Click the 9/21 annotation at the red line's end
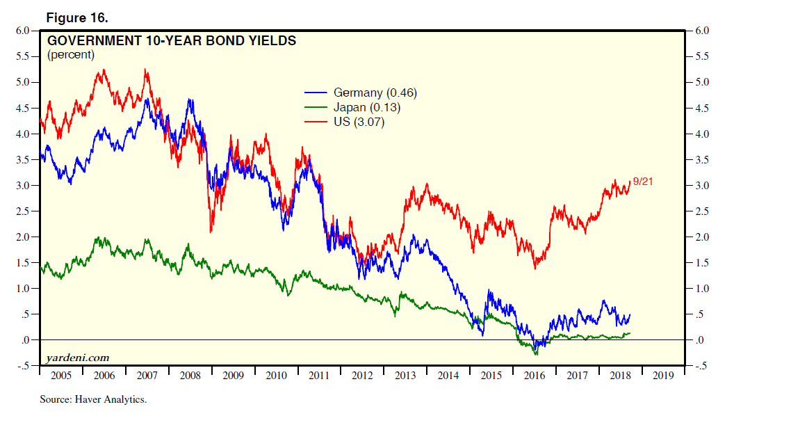[x=644, y=182]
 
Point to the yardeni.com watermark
[x=77, y=358]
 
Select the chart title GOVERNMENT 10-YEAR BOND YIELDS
[x=171, y=41]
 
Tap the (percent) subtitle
[x=70, y=55]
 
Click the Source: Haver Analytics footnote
[x=93, y=400]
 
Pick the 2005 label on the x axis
[x=61, y=376]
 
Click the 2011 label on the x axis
[x=319, y=376]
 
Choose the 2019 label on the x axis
[x=663, y=376]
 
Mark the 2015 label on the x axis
[x=491, y=376]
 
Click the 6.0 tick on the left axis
[x=22, y=31]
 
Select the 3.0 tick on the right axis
[x=702, y=186]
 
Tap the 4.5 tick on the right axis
[x=702, y=109]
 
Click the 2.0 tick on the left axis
[x=22, y=237]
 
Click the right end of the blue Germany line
[x=630, y=315]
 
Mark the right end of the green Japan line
[x=630, y=333]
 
